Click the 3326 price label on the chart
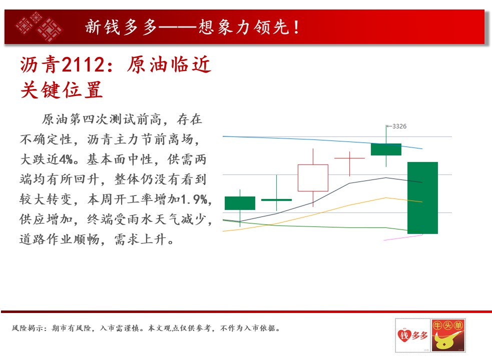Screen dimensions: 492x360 click(x=399, y=126)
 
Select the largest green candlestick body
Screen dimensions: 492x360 click(x=422, y=198)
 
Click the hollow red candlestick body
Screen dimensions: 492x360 click(x=313, y=178)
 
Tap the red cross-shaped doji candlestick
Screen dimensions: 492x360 click(x=349, y=158)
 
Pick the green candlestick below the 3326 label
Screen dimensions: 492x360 click(x=386, y=149)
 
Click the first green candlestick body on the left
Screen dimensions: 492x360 click(x=240, y=203)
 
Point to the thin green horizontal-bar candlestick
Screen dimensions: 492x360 click(x=276, y=200)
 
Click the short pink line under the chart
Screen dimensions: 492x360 click(x=403, y=237)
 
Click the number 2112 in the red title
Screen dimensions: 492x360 click(x=83, y=65)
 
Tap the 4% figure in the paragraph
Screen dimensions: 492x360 click(x=66, y=159)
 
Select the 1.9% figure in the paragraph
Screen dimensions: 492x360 click(x=194, y=199)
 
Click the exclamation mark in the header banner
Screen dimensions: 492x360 click(x=296, y=27)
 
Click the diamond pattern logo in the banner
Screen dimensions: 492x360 click(x=39, y=26)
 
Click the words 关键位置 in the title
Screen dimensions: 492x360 click(x=62, y=90)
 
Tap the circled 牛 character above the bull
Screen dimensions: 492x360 click(x=438, y=325)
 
